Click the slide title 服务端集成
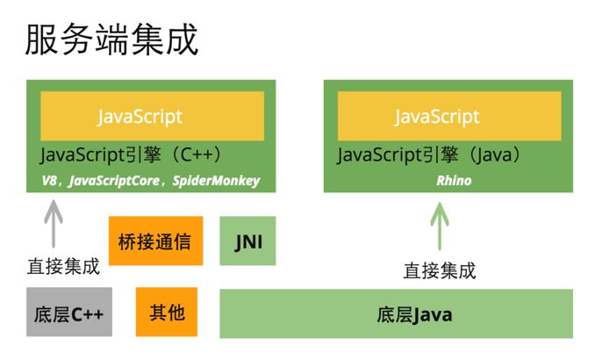[111, 40]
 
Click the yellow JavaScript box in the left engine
[152, 116]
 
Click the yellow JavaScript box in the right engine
[448, 116]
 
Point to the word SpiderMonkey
[216, 181]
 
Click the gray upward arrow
[54, 224]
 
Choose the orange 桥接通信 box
[155, 241]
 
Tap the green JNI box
[247, 241]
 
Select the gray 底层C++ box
[68, 313]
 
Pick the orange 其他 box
[166, 312]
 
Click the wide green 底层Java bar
[396, 313]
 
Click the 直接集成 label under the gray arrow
[63, 265]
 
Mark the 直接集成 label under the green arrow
[439, 270]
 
